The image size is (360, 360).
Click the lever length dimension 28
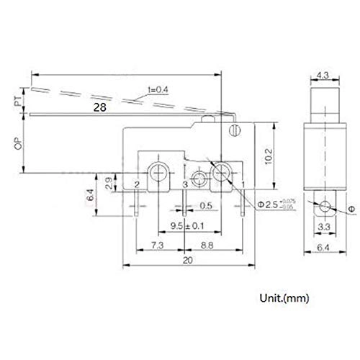101,106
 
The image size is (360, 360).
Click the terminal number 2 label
137,185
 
